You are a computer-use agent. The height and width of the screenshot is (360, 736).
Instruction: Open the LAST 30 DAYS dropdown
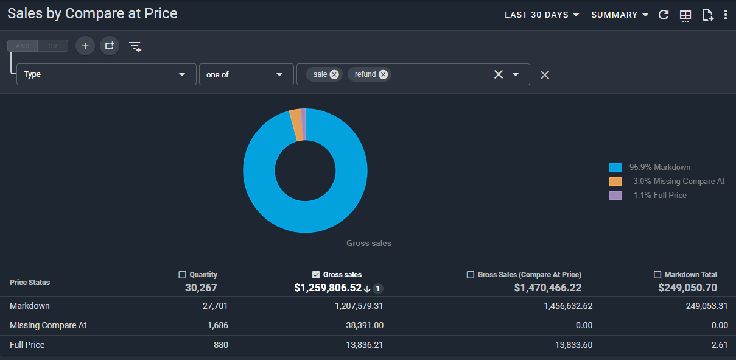point(542,15)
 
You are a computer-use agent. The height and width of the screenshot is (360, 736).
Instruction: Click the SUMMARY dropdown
point(620,15)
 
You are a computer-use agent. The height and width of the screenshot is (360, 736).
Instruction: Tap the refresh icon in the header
point(664,15)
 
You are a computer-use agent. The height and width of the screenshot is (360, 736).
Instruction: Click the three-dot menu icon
point(726,15)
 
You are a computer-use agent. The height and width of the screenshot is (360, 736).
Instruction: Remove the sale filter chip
point(334,75)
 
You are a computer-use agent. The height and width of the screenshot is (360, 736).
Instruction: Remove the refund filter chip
point(383,75)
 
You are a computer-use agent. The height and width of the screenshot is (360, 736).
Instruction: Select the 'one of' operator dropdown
point(247,74)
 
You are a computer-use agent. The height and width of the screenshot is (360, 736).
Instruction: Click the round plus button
point(85,46)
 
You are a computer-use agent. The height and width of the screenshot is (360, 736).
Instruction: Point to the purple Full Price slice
point(304,124)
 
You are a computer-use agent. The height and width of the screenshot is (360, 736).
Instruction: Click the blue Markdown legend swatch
point(615,168)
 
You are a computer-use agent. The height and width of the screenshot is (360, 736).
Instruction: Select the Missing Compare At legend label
point(679,181)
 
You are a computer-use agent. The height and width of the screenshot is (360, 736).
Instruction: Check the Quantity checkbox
point(182,275)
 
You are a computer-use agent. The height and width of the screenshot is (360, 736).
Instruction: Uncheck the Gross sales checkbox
point(316,275)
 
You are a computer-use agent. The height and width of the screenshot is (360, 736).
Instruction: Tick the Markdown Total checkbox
point(657,275)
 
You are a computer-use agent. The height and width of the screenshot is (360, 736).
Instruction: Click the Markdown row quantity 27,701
point(216,306)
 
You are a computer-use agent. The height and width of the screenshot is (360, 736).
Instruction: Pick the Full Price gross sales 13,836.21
point(365,345)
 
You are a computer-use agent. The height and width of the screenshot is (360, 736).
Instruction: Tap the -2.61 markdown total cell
point(718,345)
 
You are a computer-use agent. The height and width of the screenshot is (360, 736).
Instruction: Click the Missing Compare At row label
point(48,325)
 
